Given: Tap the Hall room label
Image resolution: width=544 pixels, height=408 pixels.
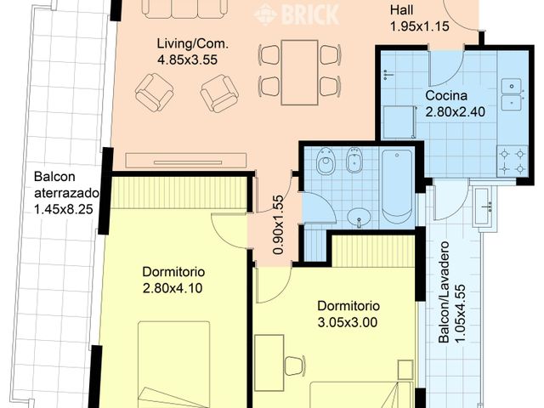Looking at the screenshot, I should tap(403, 10).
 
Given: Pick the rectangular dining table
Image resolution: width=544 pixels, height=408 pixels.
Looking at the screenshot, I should tap(299, 71).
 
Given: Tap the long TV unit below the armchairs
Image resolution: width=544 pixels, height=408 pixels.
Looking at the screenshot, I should tap(185, 160).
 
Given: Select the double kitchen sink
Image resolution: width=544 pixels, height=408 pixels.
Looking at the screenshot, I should tap(512, 93).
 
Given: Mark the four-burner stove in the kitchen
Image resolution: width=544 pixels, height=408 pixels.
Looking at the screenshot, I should tap(512, 161).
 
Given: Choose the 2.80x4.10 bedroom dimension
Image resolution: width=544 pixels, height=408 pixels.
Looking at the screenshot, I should tap(173, 287).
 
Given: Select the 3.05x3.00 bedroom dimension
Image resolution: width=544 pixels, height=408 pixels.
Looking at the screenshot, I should tap(348, 322).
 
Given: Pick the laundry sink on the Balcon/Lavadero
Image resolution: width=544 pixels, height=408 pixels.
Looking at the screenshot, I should tap(484, 208).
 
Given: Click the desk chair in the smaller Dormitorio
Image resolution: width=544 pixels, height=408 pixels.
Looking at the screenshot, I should tap(294, 365).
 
